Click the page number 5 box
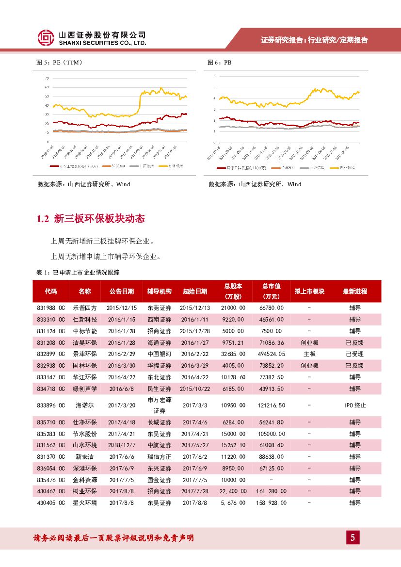(353, 537)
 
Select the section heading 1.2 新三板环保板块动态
(91, 219)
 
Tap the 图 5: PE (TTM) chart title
(60, 63)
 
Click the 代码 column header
(51, 292)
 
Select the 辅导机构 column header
(160, 292)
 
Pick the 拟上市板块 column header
(309, 292)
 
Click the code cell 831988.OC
(51, 308)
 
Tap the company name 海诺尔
(84, 405)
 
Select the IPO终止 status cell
(355, 405)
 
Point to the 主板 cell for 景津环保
(309, 354)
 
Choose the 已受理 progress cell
(355, 354)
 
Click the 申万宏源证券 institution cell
(160, 405)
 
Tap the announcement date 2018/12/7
(121, 445)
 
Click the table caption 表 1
(78, 272)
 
